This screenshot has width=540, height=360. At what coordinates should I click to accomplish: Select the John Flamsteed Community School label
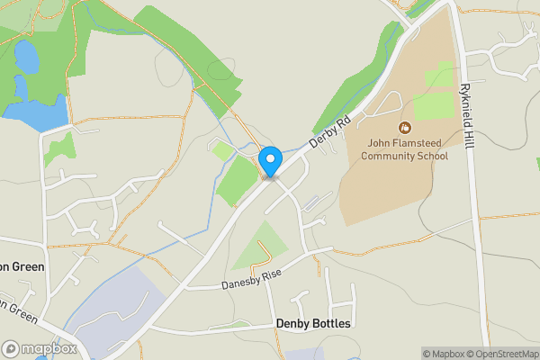point(404,149)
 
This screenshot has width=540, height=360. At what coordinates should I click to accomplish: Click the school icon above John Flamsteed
point(404,128)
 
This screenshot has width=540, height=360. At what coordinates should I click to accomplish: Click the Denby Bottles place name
point(313,323)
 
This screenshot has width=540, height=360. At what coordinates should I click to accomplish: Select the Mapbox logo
point(39,349)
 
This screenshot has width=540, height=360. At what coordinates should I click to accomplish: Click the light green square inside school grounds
point(434,105)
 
